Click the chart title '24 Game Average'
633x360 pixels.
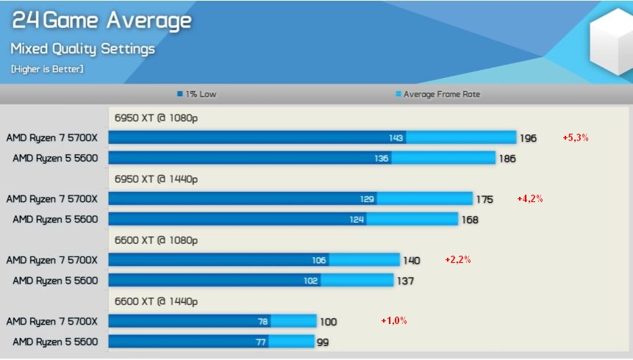click(101, 21)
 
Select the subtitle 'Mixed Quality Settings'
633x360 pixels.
click(82, 49)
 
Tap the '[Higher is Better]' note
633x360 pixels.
click(47, 69)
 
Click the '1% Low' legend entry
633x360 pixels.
click(196, 94)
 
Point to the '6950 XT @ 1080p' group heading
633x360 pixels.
click(156, 117)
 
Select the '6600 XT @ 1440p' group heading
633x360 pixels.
click(156, 301)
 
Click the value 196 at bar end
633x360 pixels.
click(528, 138)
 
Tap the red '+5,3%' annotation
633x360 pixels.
click(576, 137)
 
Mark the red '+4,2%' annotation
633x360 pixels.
click(530, 198)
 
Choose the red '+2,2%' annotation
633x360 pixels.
click(457, 259)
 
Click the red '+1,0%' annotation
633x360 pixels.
click(393, 320)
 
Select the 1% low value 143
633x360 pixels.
click(396, 138)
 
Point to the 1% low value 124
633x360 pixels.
click(357, 220)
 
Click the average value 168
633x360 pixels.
click(470, 220)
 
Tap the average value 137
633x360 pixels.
click(405, 281)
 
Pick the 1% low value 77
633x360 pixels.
click(260, 342)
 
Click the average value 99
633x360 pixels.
click(323, 342)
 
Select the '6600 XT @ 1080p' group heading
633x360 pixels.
click(156, 240)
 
